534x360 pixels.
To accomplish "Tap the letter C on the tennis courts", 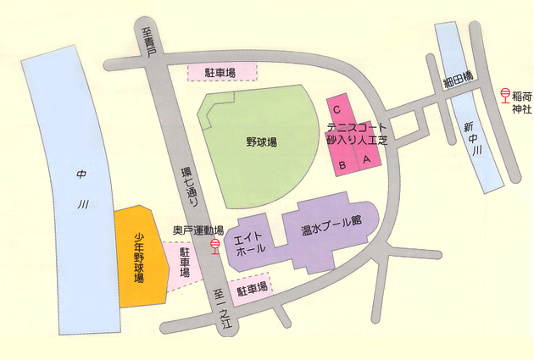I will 337,109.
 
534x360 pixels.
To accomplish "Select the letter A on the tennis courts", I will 367,158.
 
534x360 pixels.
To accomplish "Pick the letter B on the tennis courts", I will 342,164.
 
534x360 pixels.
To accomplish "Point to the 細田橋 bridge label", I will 458,81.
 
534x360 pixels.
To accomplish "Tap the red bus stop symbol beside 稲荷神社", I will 503,94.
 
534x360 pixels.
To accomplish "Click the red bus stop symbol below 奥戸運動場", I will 215,246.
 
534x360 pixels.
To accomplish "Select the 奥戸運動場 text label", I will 197,230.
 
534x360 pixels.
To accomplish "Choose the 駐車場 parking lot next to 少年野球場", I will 184,267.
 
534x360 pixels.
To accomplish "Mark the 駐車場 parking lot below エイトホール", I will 252,289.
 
